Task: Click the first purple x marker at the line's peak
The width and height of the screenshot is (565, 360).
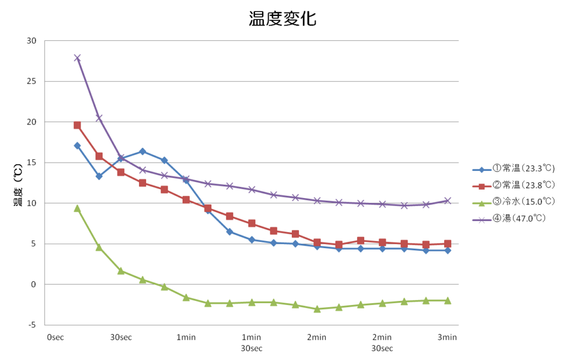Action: tap(77, 58)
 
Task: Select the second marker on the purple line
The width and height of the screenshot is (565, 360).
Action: tap(99, 118)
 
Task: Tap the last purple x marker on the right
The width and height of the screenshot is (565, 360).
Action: tap(447, 201)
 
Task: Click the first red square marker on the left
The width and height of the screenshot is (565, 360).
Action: tap(77, 125)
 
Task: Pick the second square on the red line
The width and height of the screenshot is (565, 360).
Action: tap(99, 157)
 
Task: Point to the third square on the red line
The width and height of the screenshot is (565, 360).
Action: tap(121, 172)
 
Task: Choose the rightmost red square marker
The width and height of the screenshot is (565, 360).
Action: tap(447, 243)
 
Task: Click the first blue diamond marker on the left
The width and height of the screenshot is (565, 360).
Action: tap(77, 146)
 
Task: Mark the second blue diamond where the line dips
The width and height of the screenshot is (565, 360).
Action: tap(99, 176)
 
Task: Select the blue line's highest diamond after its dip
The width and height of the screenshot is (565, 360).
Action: tap(142, 151)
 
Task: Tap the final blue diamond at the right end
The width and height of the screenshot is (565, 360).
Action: tap(447, 250)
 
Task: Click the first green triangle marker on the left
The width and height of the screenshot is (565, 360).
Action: tap(77, 208)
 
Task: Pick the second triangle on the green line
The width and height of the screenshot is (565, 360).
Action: tap(99, 247)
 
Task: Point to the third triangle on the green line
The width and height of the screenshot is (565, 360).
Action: tap(121, 271)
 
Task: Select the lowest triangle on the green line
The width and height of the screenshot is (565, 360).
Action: tap(317, 309)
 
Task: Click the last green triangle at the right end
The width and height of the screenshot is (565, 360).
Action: tap(447, 300)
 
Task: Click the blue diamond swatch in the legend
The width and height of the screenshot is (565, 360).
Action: tap(481, 170)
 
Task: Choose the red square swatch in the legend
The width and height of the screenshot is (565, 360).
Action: tap(481, 186)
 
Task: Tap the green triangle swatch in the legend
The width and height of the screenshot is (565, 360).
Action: tap(481, 203)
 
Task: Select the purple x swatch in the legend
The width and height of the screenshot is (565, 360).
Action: tap(481, 220)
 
